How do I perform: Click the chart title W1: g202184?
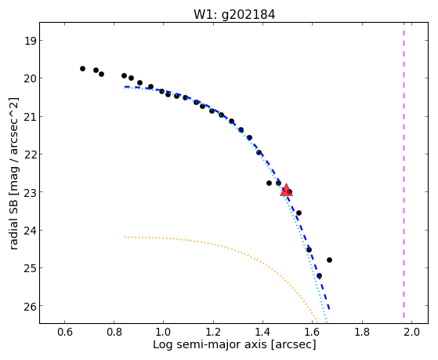pyautogui.click(x=234, y=14)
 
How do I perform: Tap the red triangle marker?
pyautogui.click(x=286, y=191)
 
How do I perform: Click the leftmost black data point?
pyautogui.click(x=82, y=68)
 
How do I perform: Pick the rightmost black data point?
pyautogui.click(x=329, y=260)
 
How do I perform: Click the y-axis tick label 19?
pyautogui.click(x=30, y=41)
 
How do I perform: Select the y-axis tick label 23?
pyautogui.click(x=30, y=193)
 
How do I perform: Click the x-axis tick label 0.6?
pyautogui.click(x=65, y=333)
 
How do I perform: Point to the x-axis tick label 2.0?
pyautogui.click(x=411, y=333)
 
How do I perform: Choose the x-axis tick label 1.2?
pyautogui.click(x=213, y=333)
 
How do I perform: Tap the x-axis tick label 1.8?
pyautogui.click(x=362, y=333)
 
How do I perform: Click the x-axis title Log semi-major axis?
pyautogui.click(x=209, y=345)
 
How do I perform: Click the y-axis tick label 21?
pyautogui.click(x=30, y=117)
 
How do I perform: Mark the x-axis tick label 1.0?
pyautogui.click(x=164, y=333)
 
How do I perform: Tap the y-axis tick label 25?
pyautogui.click(x=30, y=268)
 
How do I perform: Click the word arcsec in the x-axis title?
pyautogui.click(x=294, y=345)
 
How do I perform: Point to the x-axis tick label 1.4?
pyautogui.click(x=263, y=333)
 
